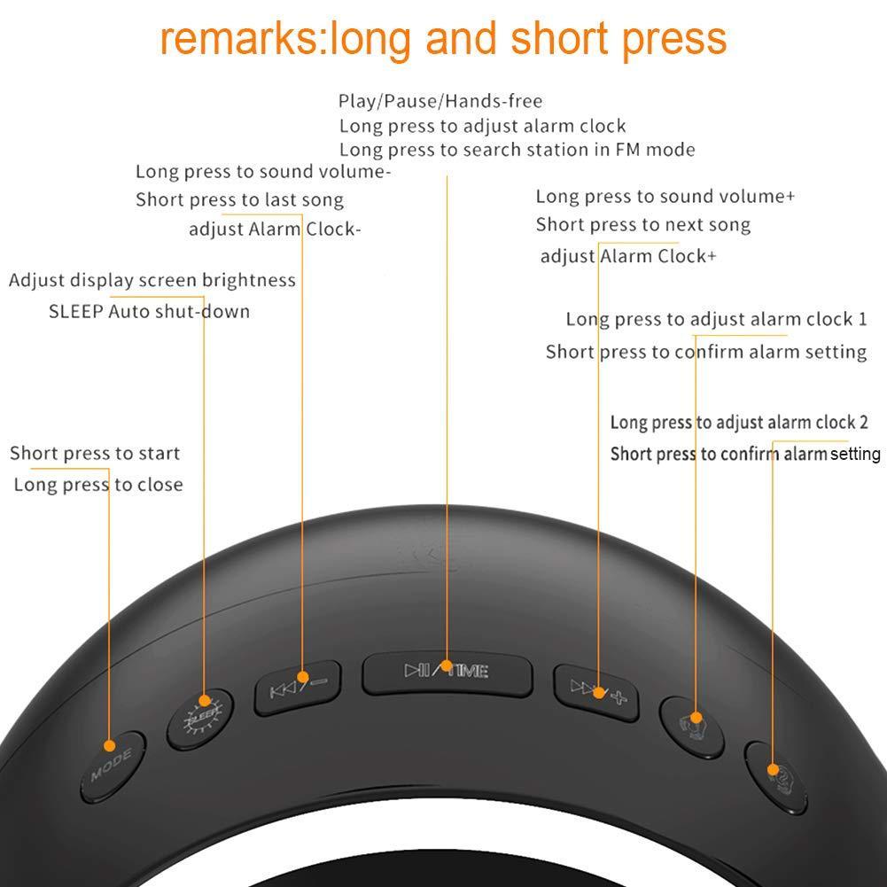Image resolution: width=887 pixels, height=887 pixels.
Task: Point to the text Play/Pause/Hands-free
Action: click(x=440, y=101)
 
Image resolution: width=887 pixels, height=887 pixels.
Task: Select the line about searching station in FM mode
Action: click(x=517, y=150)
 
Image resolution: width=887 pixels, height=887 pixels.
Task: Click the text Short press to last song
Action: click(x=239, y=200)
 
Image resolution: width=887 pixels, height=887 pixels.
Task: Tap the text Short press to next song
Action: click(x=642, y=225)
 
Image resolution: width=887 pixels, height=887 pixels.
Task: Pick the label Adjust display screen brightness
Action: click(x=152, y=281)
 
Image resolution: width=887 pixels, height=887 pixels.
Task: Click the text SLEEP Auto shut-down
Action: click(x=149, y=312)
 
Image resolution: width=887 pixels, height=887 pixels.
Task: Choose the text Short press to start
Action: click(x=95, y=454)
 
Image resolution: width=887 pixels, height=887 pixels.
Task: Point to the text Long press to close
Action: click(x=98, y=486)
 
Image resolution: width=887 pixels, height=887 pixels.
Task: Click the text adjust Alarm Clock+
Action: click(x=628, y=257)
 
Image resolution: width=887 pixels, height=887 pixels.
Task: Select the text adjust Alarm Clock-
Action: click(x=275, y=230)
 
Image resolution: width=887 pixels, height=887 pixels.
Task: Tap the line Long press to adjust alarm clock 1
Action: click(x=716, y=319)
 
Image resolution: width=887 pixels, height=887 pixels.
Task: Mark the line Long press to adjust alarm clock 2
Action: click(x=733, y=423)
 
